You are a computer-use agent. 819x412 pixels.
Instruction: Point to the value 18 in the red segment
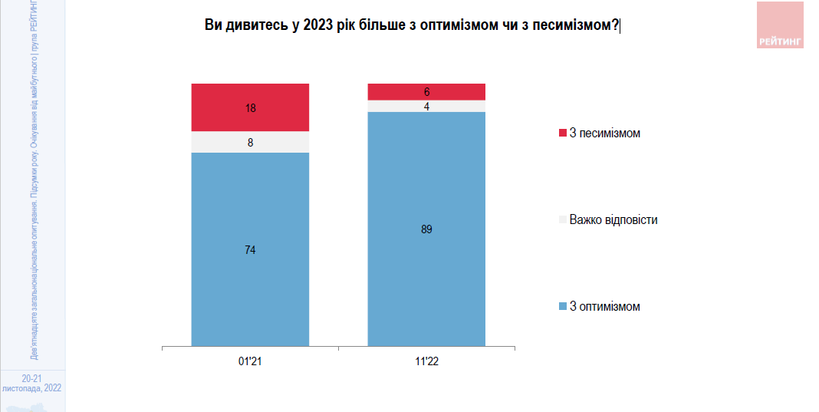point(251,108)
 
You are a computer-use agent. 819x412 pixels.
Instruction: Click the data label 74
point(251,249)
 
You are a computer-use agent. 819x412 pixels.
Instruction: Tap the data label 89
point(427,229)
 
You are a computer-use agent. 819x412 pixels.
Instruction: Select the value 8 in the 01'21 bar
point(251,142)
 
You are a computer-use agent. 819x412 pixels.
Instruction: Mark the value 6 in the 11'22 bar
point(427,91)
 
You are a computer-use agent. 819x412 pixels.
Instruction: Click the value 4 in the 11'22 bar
point(427,106)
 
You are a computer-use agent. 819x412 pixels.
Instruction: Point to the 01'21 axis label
point(251,361)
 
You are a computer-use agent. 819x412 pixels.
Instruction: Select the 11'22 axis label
point(427,361)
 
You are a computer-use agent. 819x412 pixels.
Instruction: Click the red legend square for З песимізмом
point(563,133)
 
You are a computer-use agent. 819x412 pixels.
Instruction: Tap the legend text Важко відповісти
point(613,220)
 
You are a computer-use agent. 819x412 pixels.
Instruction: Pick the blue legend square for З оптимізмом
point(563,307)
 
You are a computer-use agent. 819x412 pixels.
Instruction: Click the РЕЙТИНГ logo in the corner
point(780,25)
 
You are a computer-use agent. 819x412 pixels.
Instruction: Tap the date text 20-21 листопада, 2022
point(31,383)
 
